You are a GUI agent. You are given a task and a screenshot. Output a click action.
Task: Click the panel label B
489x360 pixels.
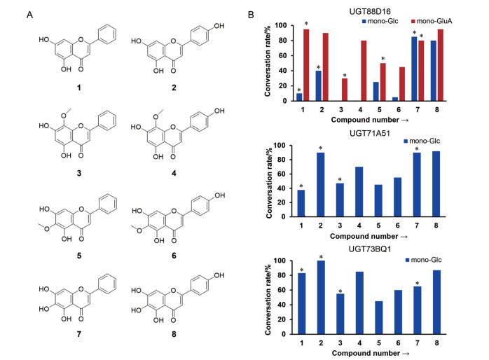pos(264,13)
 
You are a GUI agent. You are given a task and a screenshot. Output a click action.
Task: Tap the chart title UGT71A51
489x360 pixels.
pos(372,130)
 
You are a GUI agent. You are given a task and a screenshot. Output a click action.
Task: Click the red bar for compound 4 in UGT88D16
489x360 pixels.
pos(364,71)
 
